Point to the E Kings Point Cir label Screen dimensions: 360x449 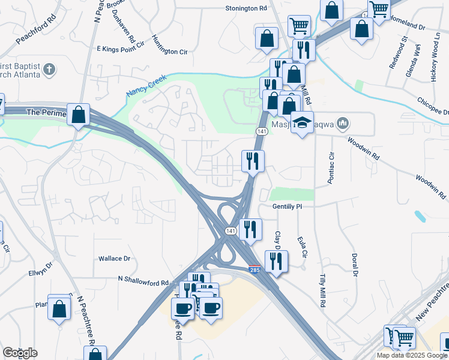pyautogui.click(x=121, y=46)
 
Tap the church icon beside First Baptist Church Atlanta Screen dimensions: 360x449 pyautogui.click(x=50, y=70)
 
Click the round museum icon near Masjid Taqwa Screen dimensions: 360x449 pyautogui.click(x=343, y=124)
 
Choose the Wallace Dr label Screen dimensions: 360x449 pyautogui.click(x=114, y=259)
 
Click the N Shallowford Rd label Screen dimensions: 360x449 pyautogui.click(x=143, y=279)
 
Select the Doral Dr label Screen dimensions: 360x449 pyautogui.click(x=355, y=265)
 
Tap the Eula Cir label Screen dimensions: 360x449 pyautogui.click(x=302, y=247)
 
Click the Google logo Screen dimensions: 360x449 pyautogui.click(x=20, y=353)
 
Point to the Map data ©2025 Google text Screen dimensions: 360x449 pyautogui.click(x=412, y=355)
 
